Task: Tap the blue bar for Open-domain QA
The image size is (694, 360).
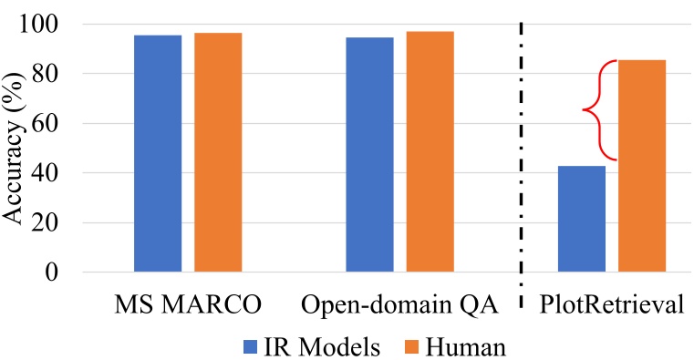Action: [x=370, y=154]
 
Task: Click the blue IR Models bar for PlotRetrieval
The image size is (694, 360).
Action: [x=582, y=219]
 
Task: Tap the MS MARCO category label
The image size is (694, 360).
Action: [x=188, y=304]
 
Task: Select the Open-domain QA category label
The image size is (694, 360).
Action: [x=399, y=304]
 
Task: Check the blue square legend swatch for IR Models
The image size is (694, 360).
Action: [x=251, y=345]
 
